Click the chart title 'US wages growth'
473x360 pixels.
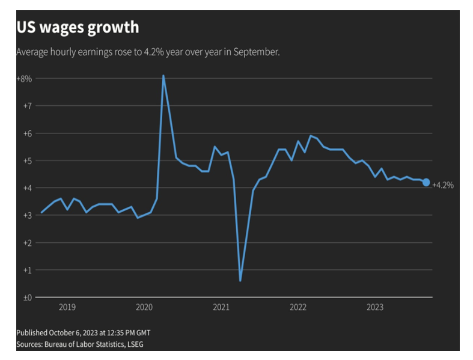tap(78, 28)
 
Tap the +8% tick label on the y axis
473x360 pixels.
tap(24, 78)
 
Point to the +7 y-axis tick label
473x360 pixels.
tap(27, 106)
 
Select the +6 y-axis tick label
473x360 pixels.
tap(27, 133)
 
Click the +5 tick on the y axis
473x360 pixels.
tap(27, 160)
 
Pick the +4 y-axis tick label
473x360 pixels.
tap(27, 188)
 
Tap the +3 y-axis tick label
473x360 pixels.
tap(27, 215)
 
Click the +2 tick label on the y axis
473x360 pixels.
tap(27, 243)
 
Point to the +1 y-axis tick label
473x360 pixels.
tap(27, 270)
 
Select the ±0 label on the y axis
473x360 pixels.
tap(27, 297)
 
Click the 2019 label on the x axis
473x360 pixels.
tap(67, 308)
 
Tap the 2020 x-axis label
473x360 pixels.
tap(144, 308)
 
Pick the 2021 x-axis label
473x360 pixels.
tap(221, 308)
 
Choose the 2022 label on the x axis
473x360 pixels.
tap(298, 308)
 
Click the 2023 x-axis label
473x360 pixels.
tap(375, 308)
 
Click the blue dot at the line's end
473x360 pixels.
tap(426, 182)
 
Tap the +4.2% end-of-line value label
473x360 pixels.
tap(443, 185)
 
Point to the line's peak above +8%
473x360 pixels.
tap(163, 76)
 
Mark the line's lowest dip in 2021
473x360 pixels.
tap(240, 280)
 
